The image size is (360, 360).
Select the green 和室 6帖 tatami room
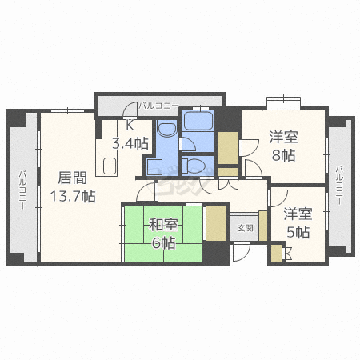[162, 234]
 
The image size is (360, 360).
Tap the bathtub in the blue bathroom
[197, 122]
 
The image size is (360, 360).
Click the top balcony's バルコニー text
[157, 105]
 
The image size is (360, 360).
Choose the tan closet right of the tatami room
[217, 223]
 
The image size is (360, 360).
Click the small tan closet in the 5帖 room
[276, 253]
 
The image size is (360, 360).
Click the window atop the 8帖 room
[283, 102]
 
